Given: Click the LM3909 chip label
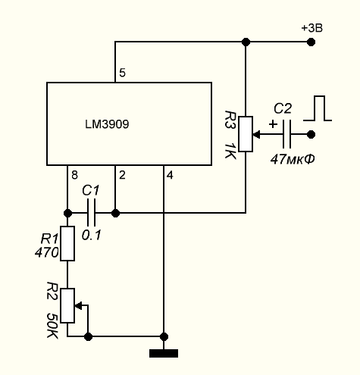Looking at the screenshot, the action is [107, 124].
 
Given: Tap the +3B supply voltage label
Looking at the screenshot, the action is [312, 28].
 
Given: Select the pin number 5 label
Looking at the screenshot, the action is [122, 73].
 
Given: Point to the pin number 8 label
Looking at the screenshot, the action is [74, 175].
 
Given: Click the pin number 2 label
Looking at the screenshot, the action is [122, 175].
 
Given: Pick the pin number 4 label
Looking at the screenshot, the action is [170, 175].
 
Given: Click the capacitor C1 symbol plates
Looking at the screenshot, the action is [91, 213].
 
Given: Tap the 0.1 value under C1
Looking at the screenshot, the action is [91, 235].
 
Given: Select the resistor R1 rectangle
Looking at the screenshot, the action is [67, 243].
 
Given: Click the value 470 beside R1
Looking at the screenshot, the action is [47, 252].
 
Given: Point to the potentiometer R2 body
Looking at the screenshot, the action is [67, 305].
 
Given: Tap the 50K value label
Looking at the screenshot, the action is [53, 326].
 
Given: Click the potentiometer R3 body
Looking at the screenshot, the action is [246, 134].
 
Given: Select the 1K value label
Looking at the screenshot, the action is [230, 151].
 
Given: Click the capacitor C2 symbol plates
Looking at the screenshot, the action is [286, 134].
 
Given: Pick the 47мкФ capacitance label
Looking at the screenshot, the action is [293, 159].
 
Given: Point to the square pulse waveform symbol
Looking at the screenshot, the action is [318, 108].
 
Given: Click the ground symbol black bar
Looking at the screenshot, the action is [164, 353].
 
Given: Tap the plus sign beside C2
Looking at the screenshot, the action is [273, 124].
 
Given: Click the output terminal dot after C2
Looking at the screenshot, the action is [311, 134].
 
